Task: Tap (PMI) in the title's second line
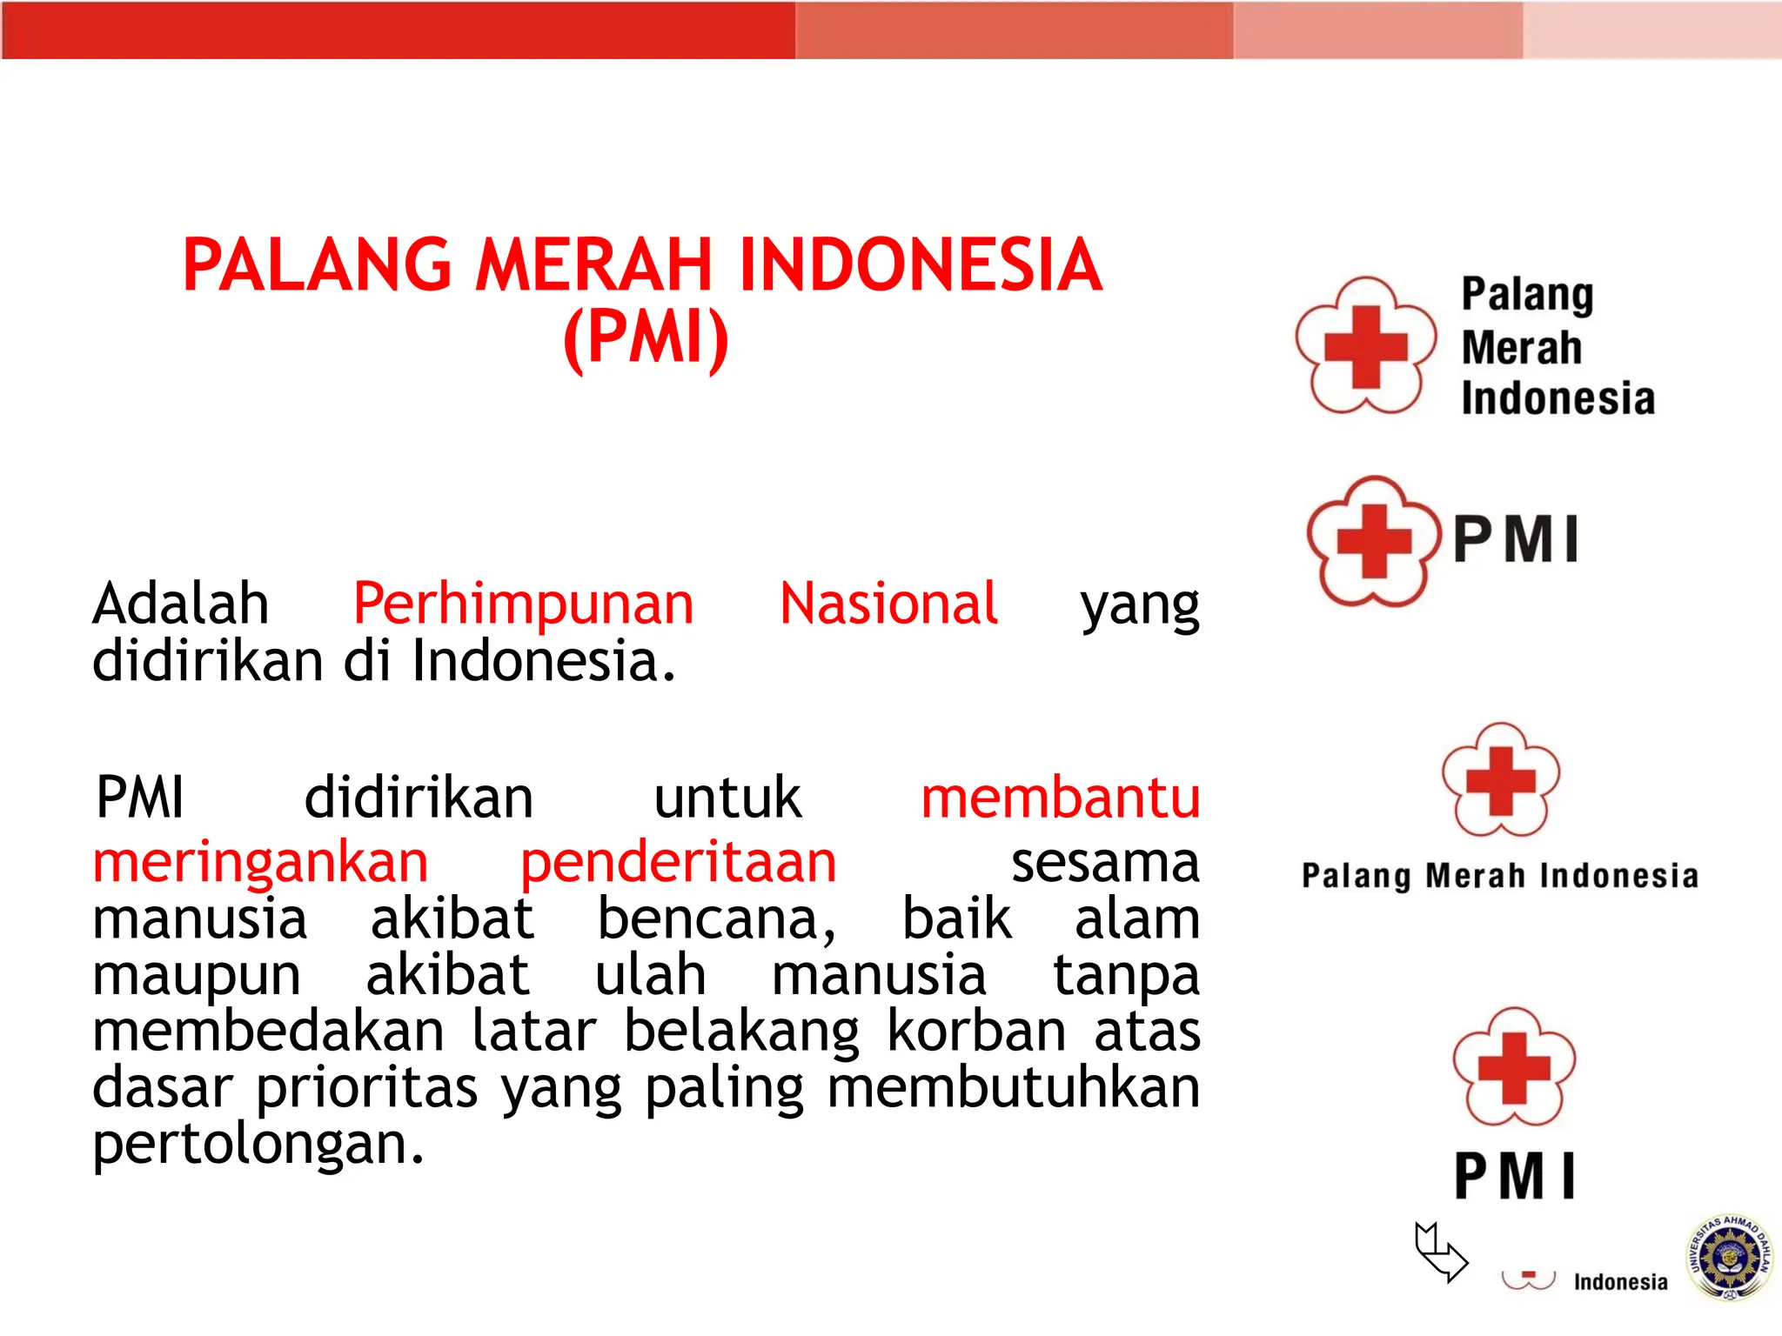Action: coord(645,338)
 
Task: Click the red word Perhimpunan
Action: coord(523,604)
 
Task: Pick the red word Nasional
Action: coord(888,604)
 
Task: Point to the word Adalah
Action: coord(181,604)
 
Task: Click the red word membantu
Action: coord(1060,798)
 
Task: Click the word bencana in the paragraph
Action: coord(715,919)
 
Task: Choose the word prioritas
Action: coord(366,1087)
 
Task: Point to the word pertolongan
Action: coord(258,1145)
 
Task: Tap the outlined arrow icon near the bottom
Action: coord(1440,1251)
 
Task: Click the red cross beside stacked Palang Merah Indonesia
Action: coord(1365,346)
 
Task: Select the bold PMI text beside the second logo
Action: coord(1516,540)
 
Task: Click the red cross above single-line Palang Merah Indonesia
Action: coord(1500,780)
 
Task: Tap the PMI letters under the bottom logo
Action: coord(1514,1176)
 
